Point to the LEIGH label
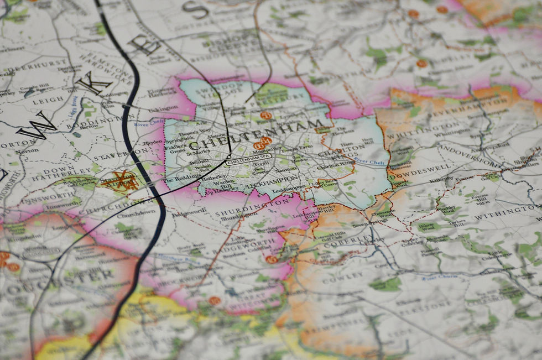point(49,101)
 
